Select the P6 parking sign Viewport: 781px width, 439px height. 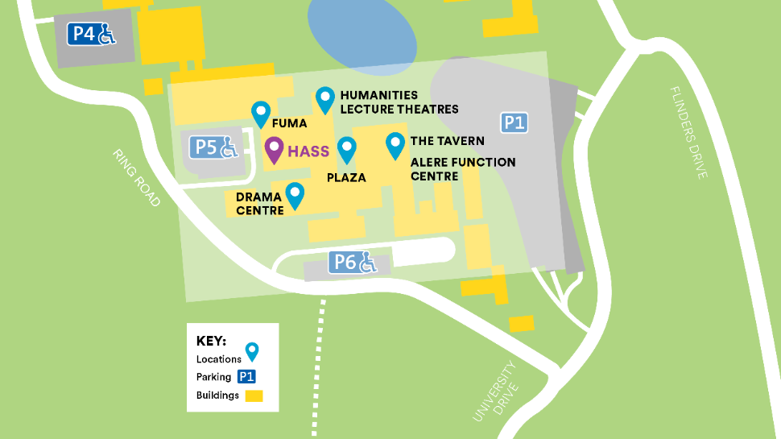tap(354, 262)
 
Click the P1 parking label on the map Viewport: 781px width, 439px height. tap(514, 122)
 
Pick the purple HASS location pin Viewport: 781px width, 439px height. tap(274, 149)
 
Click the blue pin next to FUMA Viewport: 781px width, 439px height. tap(260, 113)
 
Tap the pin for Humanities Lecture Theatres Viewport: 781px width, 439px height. tap(324, 99)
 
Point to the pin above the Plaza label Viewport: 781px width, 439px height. tap(347, 148)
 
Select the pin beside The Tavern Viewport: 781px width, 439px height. tap(395, 144)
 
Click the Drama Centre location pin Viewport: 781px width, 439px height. tap(295, 194)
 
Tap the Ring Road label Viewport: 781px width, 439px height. tap(137, 177)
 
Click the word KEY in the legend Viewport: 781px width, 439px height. tap(211, 341)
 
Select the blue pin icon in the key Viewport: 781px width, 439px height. tap(252, 351)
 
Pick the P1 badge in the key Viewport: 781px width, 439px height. tap(246, 376)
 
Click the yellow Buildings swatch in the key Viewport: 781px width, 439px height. tap(254, 396)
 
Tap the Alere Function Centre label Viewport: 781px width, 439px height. tap(462, 168)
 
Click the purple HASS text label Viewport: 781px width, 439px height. tap(308, 151)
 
